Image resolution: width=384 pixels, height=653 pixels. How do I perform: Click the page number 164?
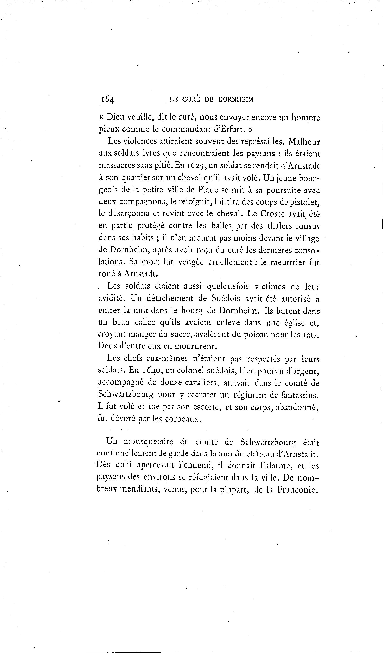click(108, 99)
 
